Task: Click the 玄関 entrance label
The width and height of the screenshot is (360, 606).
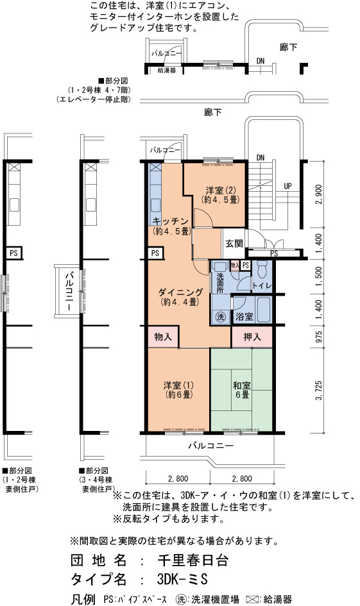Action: (x=234, y=244)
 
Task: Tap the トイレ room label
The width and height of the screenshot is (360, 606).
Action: (x=262, y=286)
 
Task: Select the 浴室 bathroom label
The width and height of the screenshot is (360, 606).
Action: (x=244, y=317)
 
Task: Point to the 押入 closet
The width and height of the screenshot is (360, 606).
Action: (x=252, y=337)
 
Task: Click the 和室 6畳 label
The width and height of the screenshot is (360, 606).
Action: (x=242, y=391)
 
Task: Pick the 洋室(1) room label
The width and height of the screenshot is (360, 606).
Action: (x=178, y=391)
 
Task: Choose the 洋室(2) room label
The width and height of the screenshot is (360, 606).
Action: (x=220, y=195)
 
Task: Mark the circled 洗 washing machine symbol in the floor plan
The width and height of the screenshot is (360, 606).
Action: (x=220, y=317)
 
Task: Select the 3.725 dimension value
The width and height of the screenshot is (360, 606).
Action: (x=319, y=391)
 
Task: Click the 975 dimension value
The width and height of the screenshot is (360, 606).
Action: (x=319, y=337)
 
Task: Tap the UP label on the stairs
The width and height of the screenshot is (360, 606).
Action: (x=287, y=186)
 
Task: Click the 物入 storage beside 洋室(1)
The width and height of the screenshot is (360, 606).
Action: (x=163, y=337)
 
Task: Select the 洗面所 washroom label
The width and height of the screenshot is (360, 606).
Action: (x=219, y=283)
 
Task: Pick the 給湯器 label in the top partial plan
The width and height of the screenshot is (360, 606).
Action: (x=167, y=71)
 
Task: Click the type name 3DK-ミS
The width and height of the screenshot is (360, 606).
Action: (x=182, y=579)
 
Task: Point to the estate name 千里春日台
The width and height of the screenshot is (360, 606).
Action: (x=193, y=560)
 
